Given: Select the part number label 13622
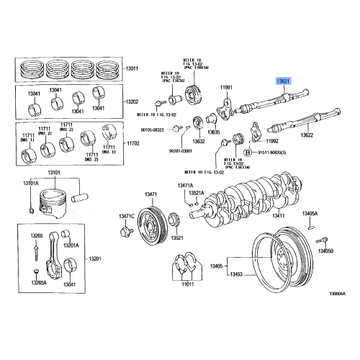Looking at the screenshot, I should pyautogui.click(x=307, y=135).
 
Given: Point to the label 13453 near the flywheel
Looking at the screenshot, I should pyautogui.click(x=236, y=276).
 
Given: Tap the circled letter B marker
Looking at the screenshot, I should pyautogui.click(x=248, y=153).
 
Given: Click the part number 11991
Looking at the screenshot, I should pyautogui.click(x=227, y=87).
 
